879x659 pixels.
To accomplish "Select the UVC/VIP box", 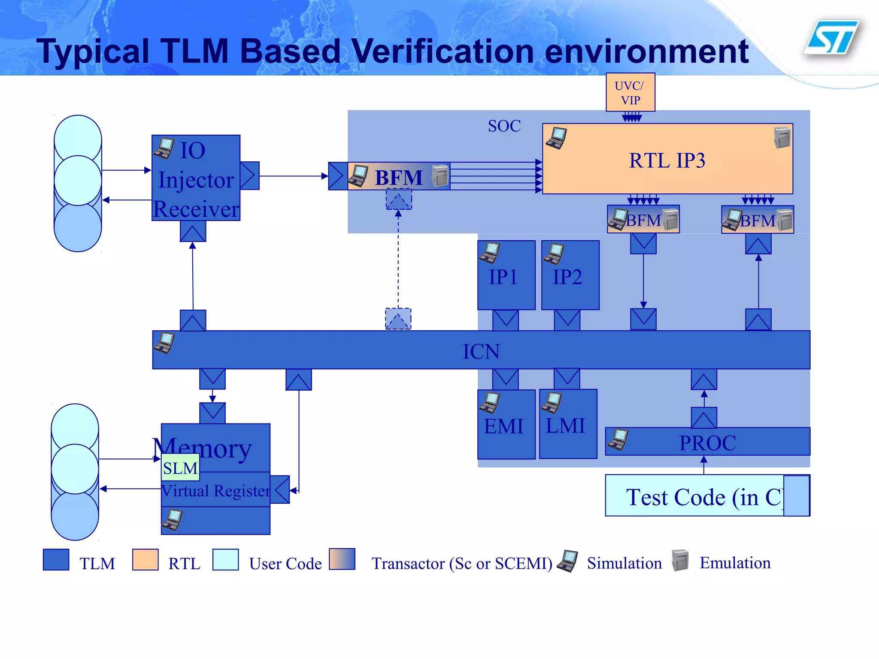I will point(630,92).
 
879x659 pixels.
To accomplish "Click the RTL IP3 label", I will point(667,161).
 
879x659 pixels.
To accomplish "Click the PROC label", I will point(707,443).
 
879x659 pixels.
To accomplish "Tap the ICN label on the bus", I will point(481,351).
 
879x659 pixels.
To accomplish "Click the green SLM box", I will point(180,468).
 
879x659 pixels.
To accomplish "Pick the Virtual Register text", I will point(215,490).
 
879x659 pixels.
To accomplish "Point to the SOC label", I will point(504,126).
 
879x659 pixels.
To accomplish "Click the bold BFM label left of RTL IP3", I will point(399,177).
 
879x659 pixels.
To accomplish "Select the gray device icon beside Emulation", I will point(680,560).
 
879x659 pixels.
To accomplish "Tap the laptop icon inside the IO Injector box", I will point(164,148).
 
